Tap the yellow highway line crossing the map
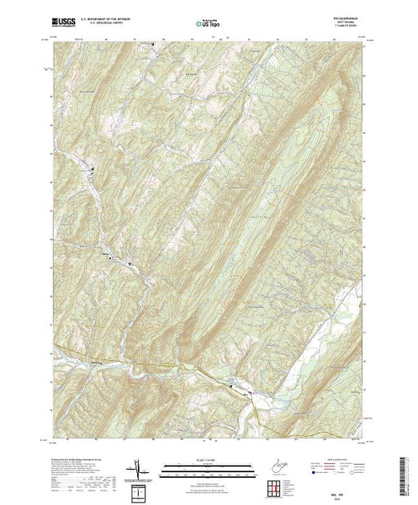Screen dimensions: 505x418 coord(160,365)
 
